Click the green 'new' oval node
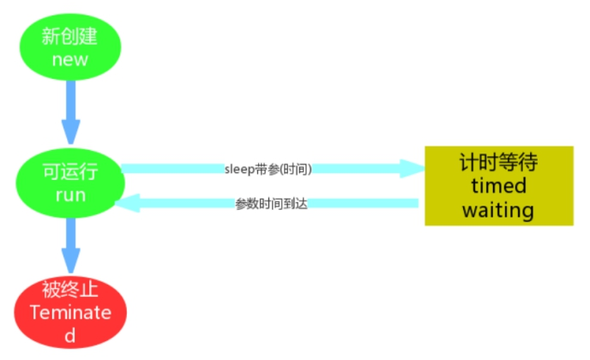click(69, 46)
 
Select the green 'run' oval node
click(69, 182)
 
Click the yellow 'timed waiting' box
click(498, 185)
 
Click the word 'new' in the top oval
click(69, 59)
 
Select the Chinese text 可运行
click(69, 171)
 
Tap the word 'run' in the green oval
click(69, 195)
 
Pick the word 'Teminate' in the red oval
click(70, 312)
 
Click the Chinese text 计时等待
click(498, 162)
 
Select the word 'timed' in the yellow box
click(498, 186)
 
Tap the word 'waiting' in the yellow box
click(498, 210)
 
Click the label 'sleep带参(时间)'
click(268, 169)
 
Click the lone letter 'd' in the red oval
click(70, 334)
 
